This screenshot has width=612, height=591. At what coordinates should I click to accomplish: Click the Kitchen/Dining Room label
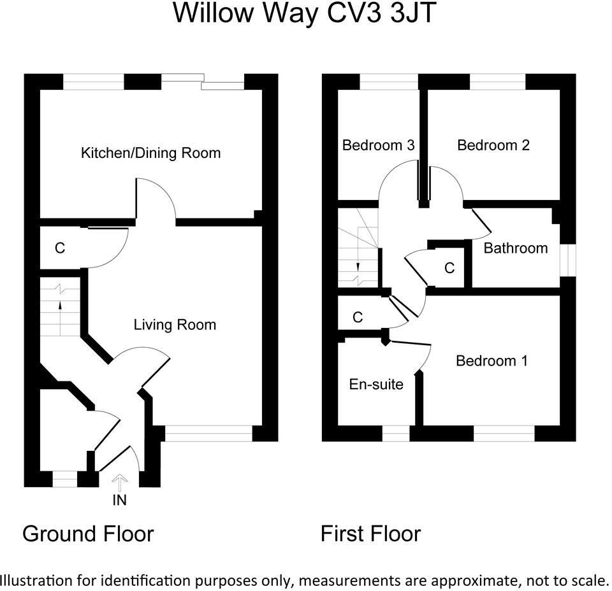(150, 153)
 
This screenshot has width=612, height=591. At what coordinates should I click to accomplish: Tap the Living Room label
(175, 325)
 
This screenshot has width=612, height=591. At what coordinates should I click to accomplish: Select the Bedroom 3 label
(378, 145)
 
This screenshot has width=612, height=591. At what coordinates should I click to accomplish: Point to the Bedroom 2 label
(493, 145)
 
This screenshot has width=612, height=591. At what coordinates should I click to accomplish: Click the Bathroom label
(516, 248)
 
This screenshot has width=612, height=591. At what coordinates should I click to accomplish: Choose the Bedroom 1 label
(492, 361)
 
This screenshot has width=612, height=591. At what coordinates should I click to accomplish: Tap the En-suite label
(376, 384)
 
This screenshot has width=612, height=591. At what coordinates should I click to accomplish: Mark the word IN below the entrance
(120, 501)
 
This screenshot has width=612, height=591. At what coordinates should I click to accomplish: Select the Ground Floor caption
(88, 533)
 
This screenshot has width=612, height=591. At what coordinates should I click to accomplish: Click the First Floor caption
(370, 533)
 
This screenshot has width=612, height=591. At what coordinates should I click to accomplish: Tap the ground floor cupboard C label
(59, 248)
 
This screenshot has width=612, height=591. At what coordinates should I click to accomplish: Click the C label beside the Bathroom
(449, 268)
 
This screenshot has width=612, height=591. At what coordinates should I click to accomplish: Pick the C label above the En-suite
(358, 317)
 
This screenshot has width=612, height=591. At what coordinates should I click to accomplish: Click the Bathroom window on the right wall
(568, 259)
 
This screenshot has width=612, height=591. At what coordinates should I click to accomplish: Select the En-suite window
(396, 434)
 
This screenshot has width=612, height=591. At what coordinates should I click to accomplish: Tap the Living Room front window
(208, 434)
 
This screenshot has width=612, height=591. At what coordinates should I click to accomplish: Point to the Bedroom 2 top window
(497, 82)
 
